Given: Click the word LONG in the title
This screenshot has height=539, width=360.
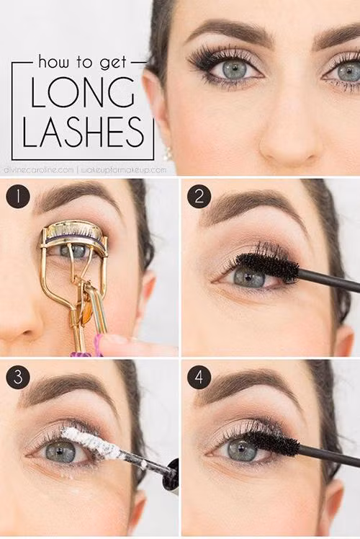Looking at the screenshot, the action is tap(83, 92).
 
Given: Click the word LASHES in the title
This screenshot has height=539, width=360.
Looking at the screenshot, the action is tap(83, 132).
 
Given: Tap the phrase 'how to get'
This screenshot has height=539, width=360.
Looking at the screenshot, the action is tap(83, 62).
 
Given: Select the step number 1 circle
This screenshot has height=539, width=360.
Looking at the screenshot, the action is tap(18, 197).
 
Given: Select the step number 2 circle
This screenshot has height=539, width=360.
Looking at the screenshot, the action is tap(199, 197).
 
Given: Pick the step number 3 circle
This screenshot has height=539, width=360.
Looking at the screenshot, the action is tap(18, 377).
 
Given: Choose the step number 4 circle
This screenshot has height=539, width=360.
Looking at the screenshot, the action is tap(199, 377).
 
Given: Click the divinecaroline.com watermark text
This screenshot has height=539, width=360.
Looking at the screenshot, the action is tap(39, 170).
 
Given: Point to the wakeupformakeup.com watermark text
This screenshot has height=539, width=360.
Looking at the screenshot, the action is tap(124, 170).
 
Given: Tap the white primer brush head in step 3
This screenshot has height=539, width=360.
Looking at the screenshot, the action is tap(93, 442).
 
